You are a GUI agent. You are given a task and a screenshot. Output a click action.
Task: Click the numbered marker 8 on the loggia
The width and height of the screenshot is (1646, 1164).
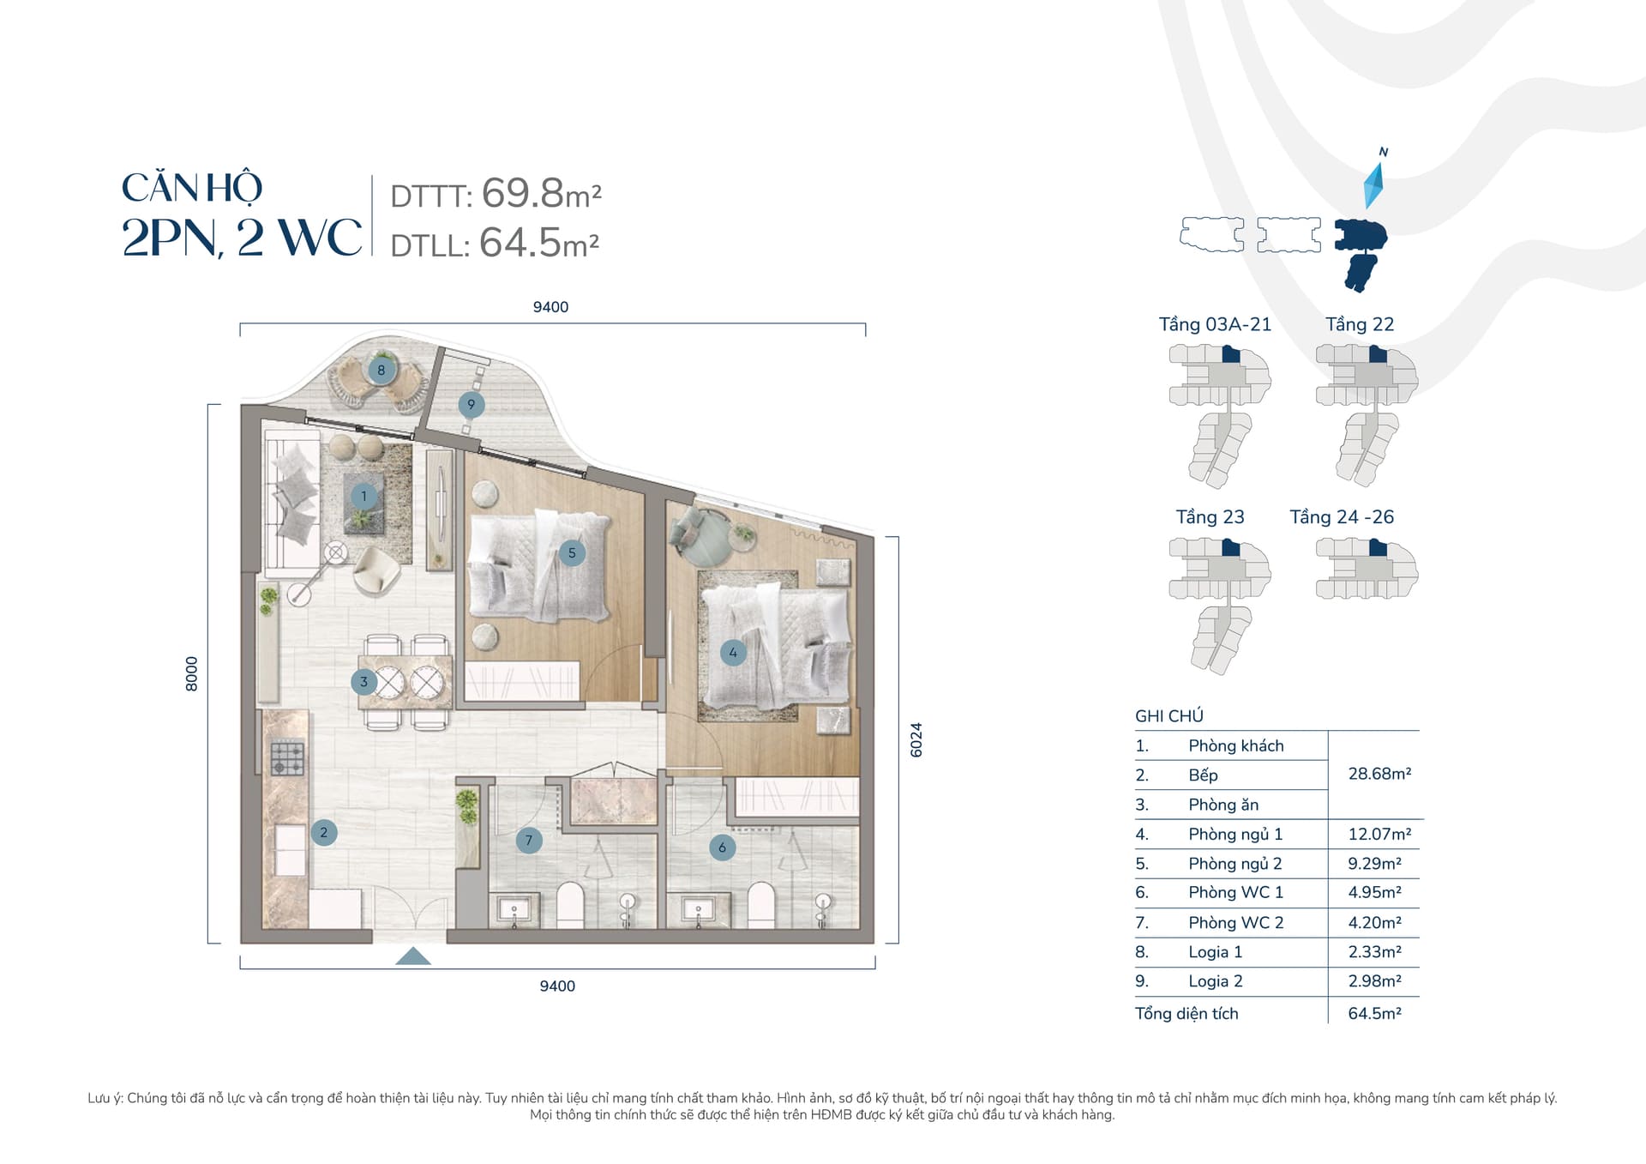pos(381,371)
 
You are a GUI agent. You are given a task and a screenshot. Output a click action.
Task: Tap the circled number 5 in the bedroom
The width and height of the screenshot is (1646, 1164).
pos(572,553)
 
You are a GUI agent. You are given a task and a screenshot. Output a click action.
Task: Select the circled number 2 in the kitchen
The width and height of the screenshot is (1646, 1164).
pos(324,832)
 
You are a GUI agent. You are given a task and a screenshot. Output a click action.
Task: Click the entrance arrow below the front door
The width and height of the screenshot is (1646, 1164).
pos(413,956)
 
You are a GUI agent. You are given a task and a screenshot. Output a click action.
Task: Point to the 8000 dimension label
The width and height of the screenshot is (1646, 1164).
pos(191,674)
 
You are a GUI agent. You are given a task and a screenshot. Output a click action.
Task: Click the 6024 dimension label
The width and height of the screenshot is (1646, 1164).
pos(916,739)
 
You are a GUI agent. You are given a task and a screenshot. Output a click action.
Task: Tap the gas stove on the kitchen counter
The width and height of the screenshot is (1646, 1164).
pos(287,758)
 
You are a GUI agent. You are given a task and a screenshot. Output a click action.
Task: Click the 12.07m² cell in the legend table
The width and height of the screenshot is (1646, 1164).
pos(1379,834)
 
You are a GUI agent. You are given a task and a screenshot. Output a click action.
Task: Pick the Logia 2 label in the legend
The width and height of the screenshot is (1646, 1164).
pos(1215,981)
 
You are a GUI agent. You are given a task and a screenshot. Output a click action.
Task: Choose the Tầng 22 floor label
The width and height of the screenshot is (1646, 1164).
pos(1360,324)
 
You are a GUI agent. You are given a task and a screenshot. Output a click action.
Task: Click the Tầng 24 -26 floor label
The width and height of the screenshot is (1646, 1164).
pos(1342,517)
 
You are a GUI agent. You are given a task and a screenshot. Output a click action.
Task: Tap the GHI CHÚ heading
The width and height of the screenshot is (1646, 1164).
pos(1169,716)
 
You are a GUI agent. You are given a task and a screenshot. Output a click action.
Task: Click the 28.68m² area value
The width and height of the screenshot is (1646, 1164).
pos(1379,774)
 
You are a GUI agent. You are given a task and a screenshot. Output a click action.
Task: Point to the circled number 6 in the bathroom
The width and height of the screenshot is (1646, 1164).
pos(722,847)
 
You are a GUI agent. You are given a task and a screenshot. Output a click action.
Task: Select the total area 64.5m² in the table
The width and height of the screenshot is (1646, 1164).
pos(1374,1014)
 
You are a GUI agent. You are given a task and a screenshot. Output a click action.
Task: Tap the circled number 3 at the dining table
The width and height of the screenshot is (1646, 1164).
pos(363,682)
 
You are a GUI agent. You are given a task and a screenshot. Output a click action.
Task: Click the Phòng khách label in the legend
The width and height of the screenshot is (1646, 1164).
pos(1236,746)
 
